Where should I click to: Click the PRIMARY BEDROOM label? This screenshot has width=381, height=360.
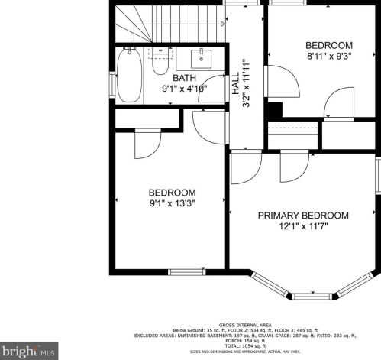302,216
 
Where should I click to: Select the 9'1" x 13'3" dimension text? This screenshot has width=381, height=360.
172,204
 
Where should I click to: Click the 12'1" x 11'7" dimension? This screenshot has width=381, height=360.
303,228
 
